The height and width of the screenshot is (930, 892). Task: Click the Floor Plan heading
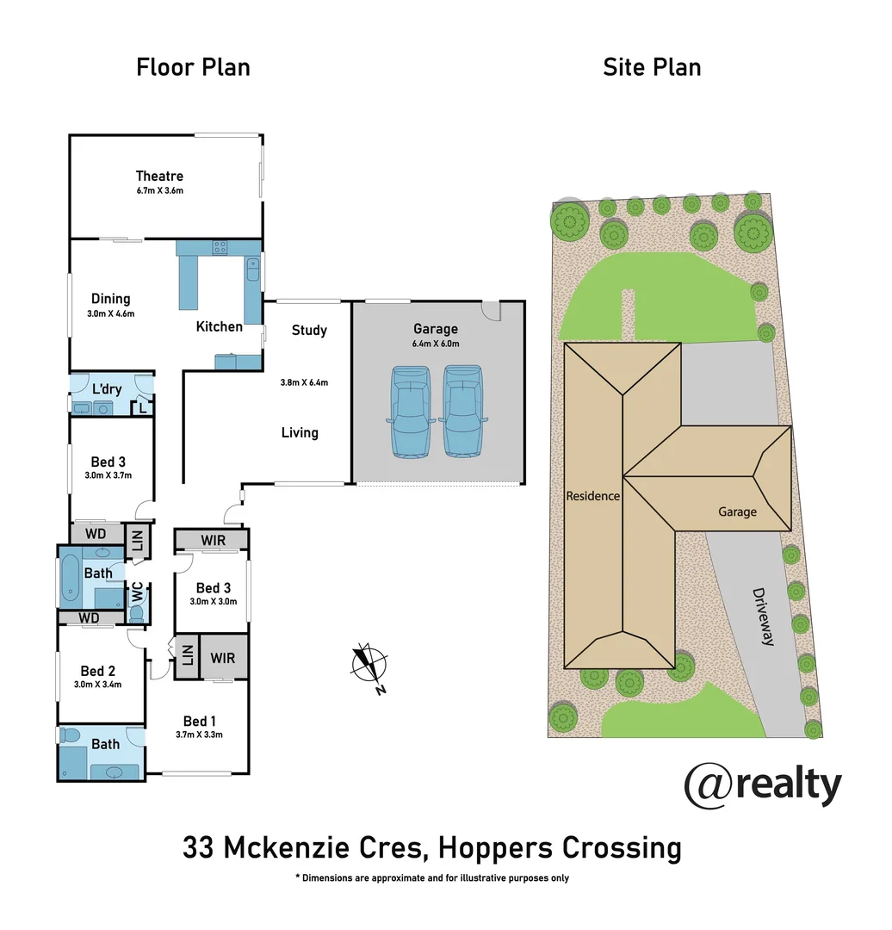pyautogui.click(x=193, y=67)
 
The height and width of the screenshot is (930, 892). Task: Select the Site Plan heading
pyautogui.click(x=652, y=67)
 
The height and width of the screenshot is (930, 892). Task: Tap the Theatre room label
pyautogui.click(x=159, y=177)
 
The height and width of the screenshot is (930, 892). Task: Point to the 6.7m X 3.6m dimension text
pyautogui.click(x=159, y=191)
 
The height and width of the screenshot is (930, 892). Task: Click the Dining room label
pyautogui.click(x=111, y=299)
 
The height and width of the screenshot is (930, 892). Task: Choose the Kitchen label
pyautogui.click(x=220, y=326)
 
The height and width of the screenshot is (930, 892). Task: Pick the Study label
pyautogui.click(x=309, y=330)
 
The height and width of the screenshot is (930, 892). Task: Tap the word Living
pyautogui.click(x=300, y=432)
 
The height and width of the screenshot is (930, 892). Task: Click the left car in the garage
pyautogui.click(x=410, y=411)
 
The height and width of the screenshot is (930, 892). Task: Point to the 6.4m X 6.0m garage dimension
pyautogui.click(x=436, y=344)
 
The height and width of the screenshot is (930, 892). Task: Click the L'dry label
pyautogui.click(x=107, y=389)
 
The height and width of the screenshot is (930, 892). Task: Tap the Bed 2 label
pyautogui.click(x=98, y=671)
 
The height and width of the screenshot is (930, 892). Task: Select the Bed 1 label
pyautogui.click(x=200, y=721)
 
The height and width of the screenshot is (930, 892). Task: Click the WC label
pyautogui.click(x=136, y=592)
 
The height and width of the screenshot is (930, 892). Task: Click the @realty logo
pyautogui.click(x=762, y=785)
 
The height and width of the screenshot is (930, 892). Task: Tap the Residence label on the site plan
pyautogui.click(x=592, y=496)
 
